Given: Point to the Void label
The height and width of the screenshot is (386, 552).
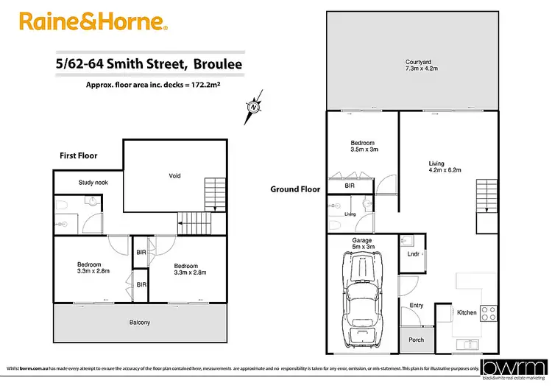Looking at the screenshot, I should [174, 176].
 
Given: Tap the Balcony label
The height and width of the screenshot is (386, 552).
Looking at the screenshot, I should [139, 322].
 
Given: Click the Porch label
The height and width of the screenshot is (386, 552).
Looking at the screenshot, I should [416, 340].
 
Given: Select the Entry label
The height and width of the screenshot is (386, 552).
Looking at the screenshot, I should [416, 305].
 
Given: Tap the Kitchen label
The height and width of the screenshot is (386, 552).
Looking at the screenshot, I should [467, 313].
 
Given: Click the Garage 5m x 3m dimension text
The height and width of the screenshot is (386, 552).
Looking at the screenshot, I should [361, 244].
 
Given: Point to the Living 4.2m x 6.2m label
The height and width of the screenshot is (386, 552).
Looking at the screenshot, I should [445, 167].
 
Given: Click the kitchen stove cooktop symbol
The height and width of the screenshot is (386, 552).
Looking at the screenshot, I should [489, 312].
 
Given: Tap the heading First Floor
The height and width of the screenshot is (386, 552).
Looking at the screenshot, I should [78, 156].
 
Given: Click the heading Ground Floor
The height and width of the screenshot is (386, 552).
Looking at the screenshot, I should [295, 189].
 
